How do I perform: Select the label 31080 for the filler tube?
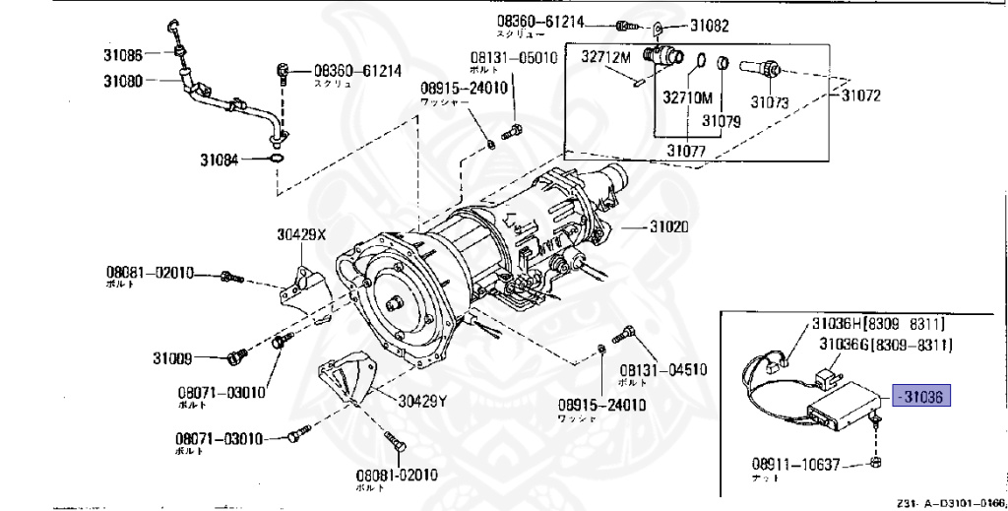click(122, 81)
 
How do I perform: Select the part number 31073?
click(770, 101)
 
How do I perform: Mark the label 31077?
click(686, 151)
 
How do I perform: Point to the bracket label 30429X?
click(299, 235)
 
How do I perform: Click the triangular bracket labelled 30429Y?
click(344, 375)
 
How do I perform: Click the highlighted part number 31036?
click(921, 397)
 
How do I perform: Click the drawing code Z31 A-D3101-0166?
click(951, 501)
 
